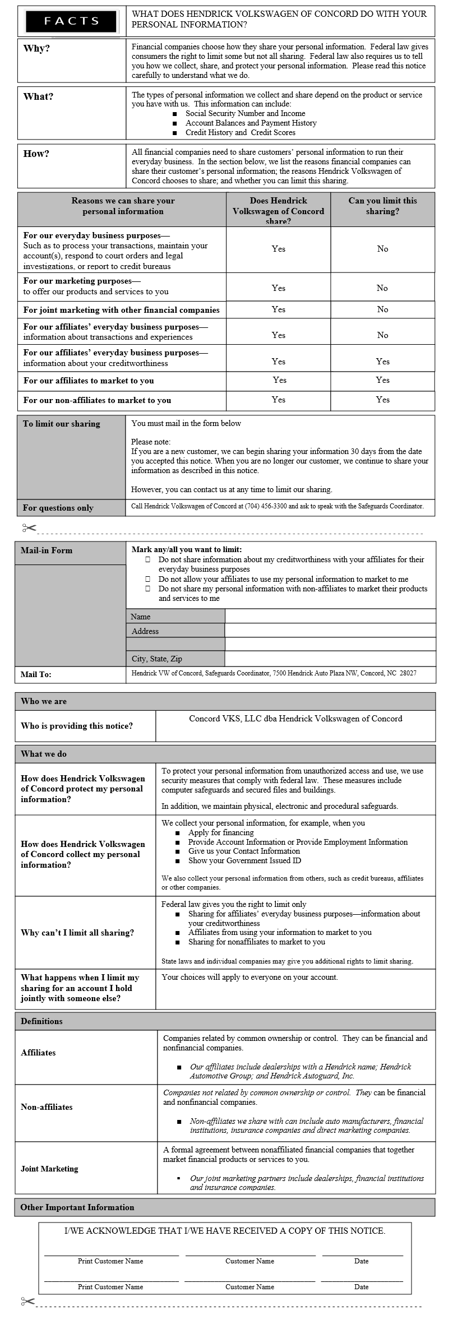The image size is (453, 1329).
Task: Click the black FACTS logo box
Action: click(x=71, y=21)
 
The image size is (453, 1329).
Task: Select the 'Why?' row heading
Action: click(x=36, y=48)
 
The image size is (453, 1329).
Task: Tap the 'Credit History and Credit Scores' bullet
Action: click(x=240, y=132)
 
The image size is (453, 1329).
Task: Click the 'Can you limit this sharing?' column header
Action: click(x=382, y=206)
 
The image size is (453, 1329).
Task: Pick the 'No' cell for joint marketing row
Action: click(x=382, y=309)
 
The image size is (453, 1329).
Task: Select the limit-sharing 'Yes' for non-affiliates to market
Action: click(x=382, y=400)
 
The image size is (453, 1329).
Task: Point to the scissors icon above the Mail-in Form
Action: click(x=29, y=527)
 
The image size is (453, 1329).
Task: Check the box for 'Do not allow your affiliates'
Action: click(x=148, y=579)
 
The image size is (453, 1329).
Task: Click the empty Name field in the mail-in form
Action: click(x=330, y=616)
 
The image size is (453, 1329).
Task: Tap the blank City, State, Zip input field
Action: click(x=330, y=659)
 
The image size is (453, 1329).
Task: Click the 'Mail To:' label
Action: click(x=36, y=674)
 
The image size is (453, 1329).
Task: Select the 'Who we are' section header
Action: click(x=44, y=701)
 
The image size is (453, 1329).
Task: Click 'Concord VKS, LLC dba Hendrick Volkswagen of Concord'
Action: click(x=295, y=719)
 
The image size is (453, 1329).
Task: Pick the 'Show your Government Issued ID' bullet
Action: click(x=244, y=860)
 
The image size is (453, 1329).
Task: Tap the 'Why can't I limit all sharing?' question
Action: click(x=77, y=933)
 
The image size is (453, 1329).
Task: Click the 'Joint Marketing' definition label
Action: click(x=49, y=1169)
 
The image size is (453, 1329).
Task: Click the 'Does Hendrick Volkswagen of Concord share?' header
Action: click(x=278, y=210)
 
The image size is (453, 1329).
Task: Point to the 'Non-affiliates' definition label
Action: click(x=47, y=1107)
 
